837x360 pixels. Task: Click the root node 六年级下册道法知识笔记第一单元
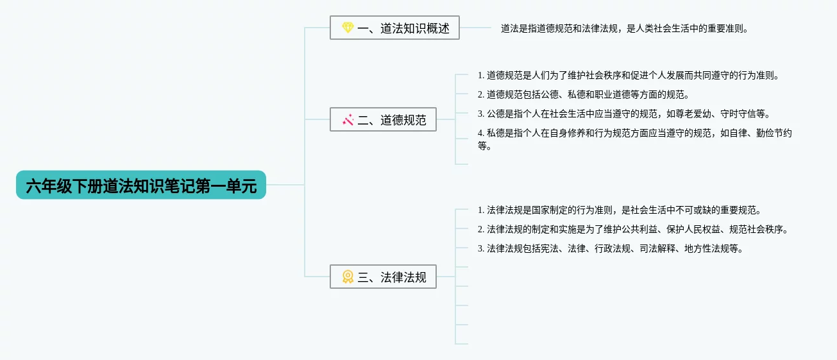(141, 185)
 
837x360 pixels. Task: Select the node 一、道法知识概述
(394, 28)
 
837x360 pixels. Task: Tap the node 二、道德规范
(383, 119)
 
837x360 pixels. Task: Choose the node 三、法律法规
(383, 277)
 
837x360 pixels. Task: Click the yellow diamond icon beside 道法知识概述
(348, 28)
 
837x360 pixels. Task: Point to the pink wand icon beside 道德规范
(348, 119)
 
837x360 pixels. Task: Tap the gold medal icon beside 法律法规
(348, 277)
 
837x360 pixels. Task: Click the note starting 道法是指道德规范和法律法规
(624, 28)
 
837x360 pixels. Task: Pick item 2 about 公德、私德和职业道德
(583, 94)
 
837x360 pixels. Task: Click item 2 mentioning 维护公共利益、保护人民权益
(632, 229)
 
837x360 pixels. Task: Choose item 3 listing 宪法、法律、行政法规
(610, 248)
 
